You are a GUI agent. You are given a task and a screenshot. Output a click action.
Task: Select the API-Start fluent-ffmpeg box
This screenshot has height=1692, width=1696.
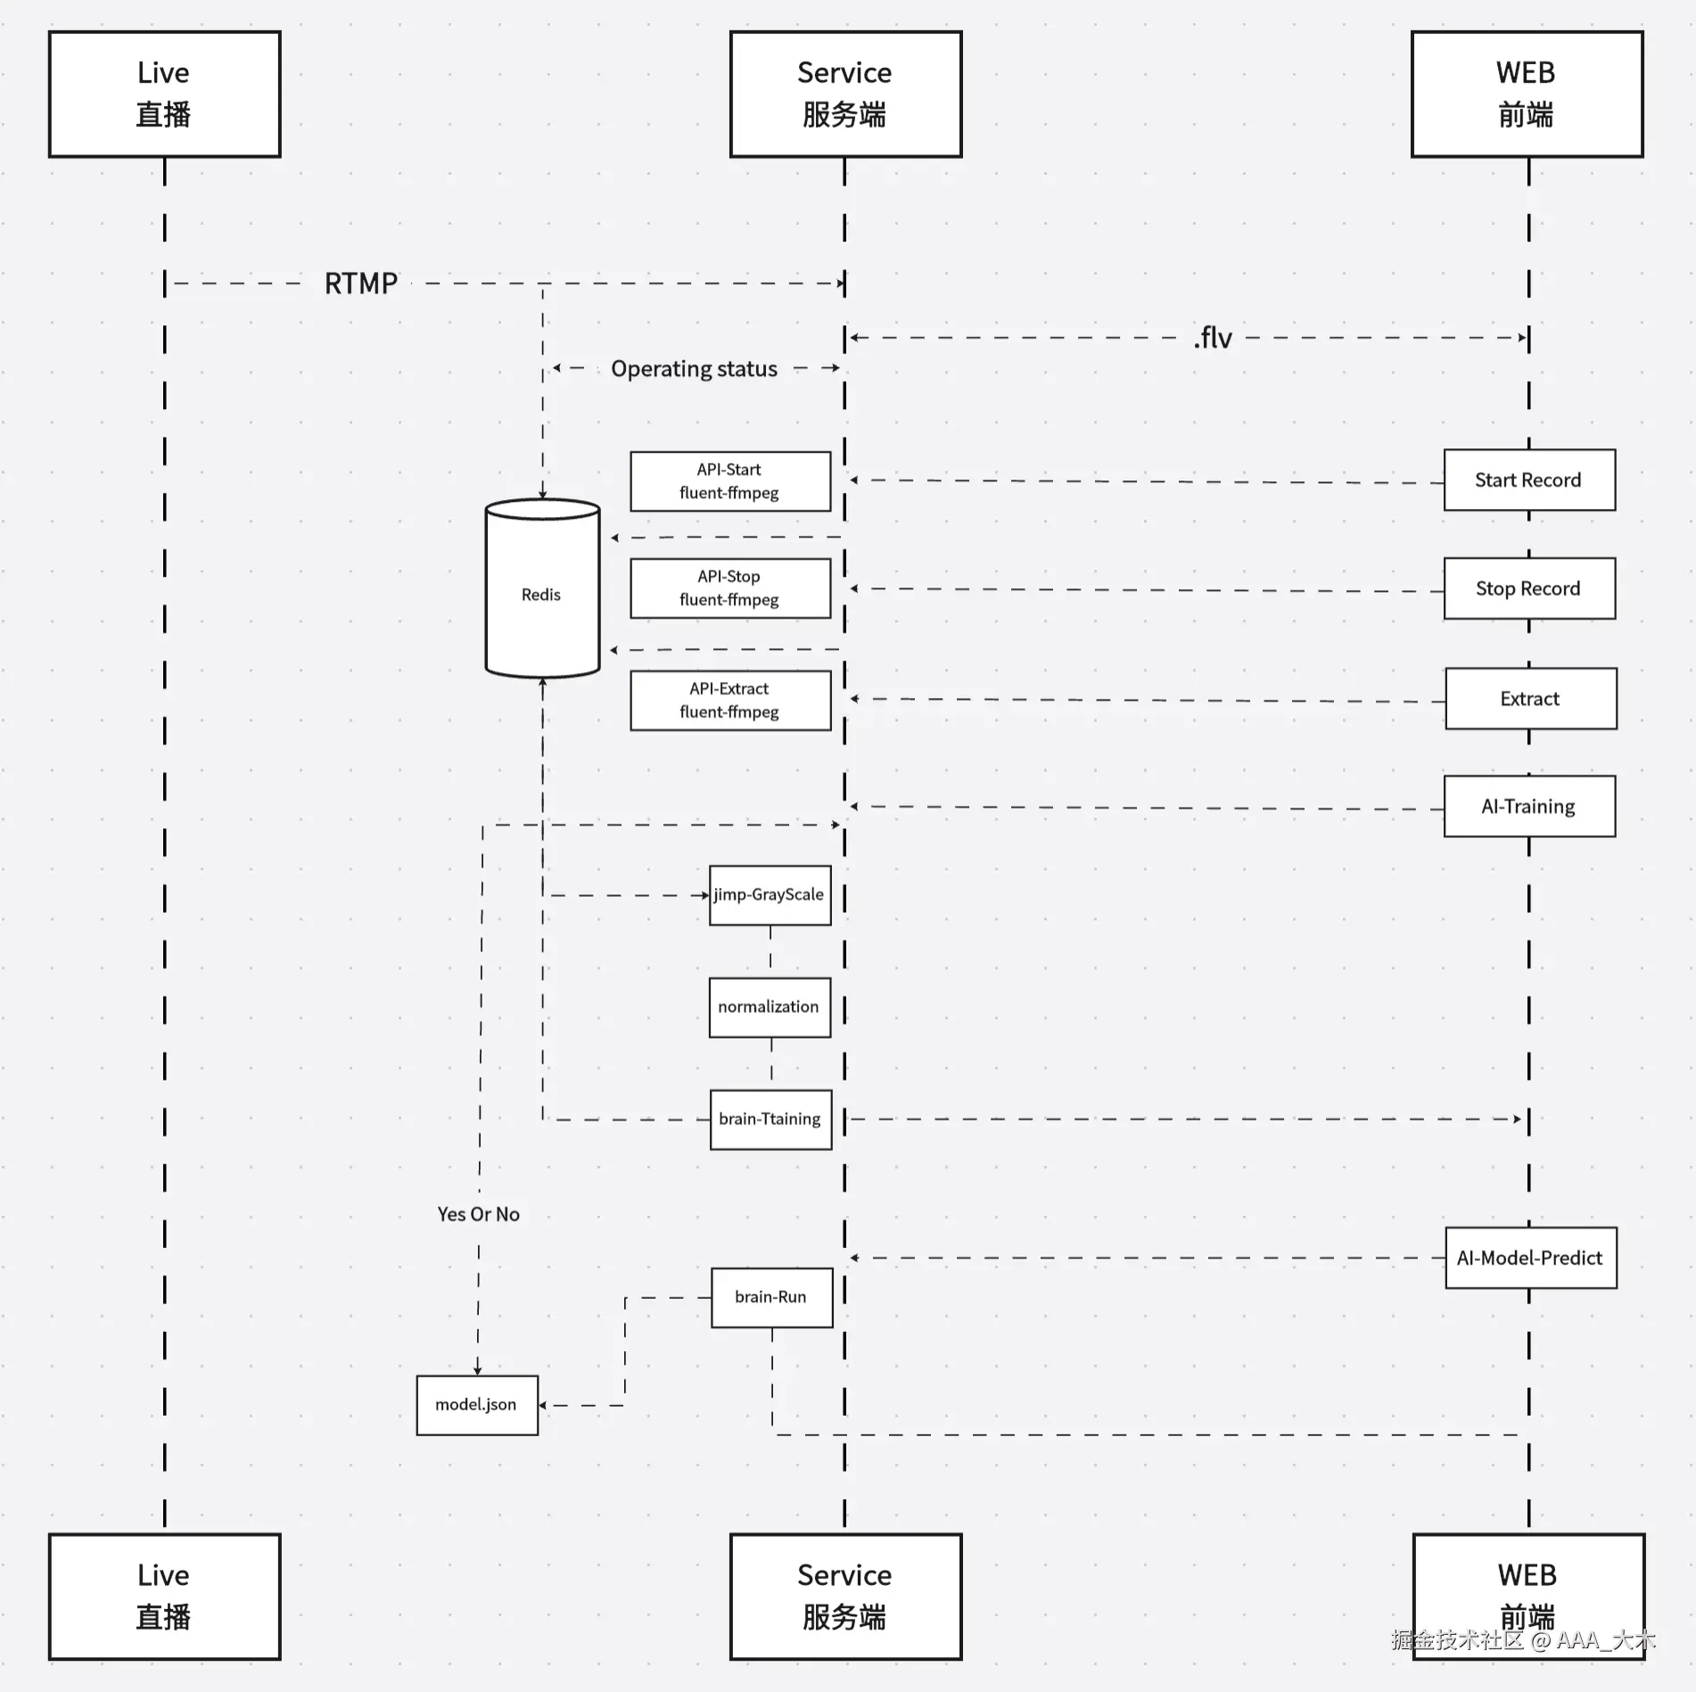click(x=730, y=481)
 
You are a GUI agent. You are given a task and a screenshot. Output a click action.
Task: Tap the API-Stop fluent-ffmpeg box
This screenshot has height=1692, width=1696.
click(x=730, y=588)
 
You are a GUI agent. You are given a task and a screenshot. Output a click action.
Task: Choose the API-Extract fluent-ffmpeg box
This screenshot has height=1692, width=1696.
click(x=730, y=701)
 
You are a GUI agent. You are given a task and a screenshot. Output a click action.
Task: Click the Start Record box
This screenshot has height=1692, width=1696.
click(x=1529, y=480)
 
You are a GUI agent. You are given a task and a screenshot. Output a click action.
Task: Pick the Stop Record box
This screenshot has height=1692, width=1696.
click(x=1529, y=588)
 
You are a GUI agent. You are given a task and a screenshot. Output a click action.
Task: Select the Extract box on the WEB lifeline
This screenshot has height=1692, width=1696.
click(x=1530, y=699)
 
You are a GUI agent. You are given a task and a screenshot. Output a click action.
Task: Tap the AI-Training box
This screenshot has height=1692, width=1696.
click(x=1529, y=806)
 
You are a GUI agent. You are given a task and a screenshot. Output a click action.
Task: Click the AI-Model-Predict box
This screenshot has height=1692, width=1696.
click(x=1530, y=1258)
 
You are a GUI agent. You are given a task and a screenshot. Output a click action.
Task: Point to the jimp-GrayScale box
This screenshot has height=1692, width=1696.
click(x=770, y=895)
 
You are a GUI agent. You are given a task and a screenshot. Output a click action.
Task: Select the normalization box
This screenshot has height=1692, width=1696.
click(x=770, y=1007)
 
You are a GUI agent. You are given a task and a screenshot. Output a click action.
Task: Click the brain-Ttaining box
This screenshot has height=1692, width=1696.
click(x=770, y=1120)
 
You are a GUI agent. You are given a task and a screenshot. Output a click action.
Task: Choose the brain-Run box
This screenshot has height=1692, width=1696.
click(x=771, y=1298)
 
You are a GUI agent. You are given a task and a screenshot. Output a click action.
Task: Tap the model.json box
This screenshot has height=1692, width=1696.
click(x=477, y=1405)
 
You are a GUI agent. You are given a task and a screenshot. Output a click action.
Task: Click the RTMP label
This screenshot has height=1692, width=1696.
click(x=360, y=283)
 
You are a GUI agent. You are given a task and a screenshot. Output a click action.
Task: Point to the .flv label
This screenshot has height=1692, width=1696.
click(x=1213, y=338)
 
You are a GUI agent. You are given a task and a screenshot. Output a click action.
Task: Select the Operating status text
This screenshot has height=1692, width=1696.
click(x=694, y=369)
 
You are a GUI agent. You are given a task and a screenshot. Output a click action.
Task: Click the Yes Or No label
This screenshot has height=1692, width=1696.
click(x=478, y=1214)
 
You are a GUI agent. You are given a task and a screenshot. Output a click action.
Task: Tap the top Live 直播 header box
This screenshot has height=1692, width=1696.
click(x=165, y=94)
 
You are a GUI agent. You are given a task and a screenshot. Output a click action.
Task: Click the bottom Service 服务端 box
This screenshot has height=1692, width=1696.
click(x=845, y=1596)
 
